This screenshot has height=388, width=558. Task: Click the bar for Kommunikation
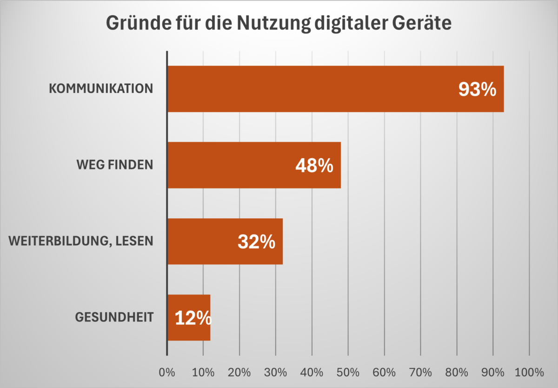pyautogui.click(x=307, y=89)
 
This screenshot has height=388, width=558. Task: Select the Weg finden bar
pyautogui.click(x=232, y=165)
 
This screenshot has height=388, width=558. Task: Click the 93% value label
pyautogui.click(x=478, y=90)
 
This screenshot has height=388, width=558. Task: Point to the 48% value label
pyautogui.click(x=314, y=166)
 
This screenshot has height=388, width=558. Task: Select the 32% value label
pyautogui.click(x=256, y=242)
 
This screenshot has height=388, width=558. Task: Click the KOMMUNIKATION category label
pyautogui.click(x=101, y=88)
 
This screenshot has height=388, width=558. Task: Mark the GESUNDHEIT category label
pyautogui.click(x=114, y=318)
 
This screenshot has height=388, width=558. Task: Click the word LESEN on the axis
pyautogui.click(x=137, y=241)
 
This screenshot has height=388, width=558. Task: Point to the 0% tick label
pyautogui.click(x=166, y=373)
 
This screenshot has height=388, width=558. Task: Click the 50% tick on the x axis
pyautogui.click(x=348, y=373)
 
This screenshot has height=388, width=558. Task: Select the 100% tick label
pyautogui.click(x=529, y=373)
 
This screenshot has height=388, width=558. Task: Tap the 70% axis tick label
pyautogui.click(x=420, y=373)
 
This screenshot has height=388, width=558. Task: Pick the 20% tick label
pyautogui.click(x=239, y=373)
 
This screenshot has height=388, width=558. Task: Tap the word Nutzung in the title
pyautogui.click(x=274, y=23)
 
